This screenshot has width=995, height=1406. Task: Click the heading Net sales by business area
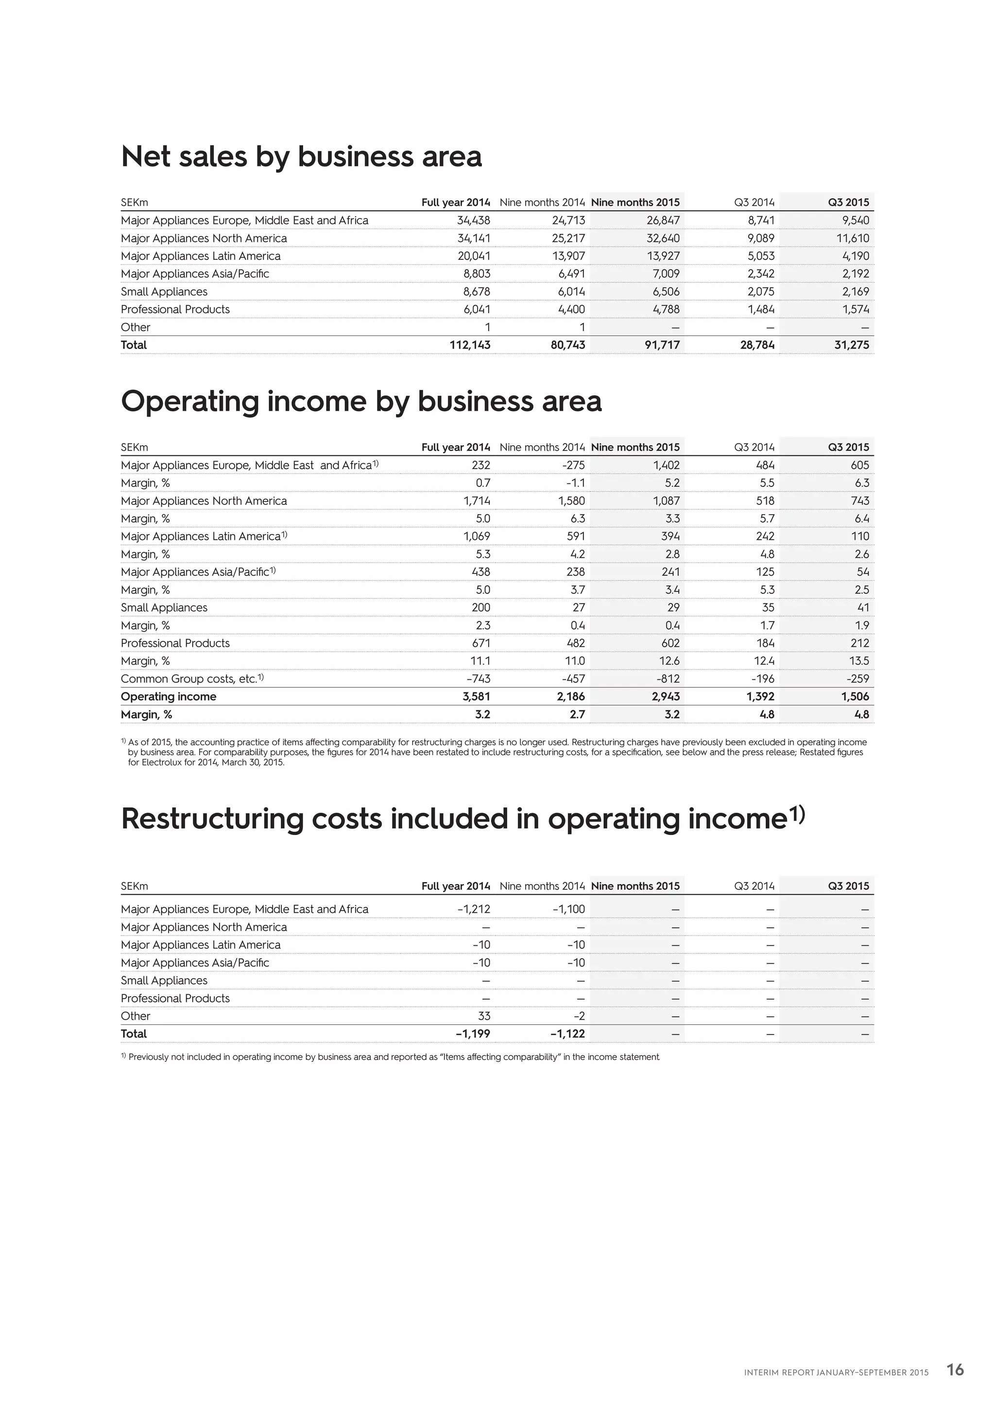pyautogui.click(x=301, y=157)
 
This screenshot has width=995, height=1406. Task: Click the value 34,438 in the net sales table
pyautogui.click(x=473, y=220)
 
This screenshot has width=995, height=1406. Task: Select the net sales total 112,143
pyautogui.click(x=469, y=345)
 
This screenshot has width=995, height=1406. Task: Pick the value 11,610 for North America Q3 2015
pyautogui.click(x=852, y=238)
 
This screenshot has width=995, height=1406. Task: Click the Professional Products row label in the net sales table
pyautogui.click(x=175, y=310)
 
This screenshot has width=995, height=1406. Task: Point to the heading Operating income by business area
pyautogui.click(x=361, y=402)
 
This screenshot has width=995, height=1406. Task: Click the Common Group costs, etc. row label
pyautogui.click(x=191, y=679)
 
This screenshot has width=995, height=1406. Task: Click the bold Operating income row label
pyautogui.click(x=169, y=697)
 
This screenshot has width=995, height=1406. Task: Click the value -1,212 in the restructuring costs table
pyautogui.click(x=473, y=909)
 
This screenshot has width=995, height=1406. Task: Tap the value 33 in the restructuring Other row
pyautogui.click(x=483, y=1017)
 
